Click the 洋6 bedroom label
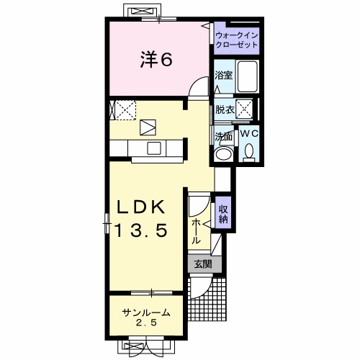156,60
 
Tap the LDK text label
141,207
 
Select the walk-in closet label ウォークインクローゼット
237,40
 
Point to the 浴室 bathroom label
224,76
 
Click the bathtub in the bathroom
247,76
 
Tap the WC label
249,133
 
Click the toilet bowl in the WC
249,151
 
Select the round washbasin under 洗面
224,154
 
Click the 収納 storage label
223,215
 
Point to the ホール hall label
196,231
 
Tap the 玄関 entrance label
203,264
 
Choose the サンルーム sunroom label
146,312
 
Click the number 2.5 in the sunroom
146,323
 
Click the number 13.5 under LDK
141,230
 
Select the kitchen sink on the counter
154,148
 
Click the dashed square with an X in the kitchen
125,110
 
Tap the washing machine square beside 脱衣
244,109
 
